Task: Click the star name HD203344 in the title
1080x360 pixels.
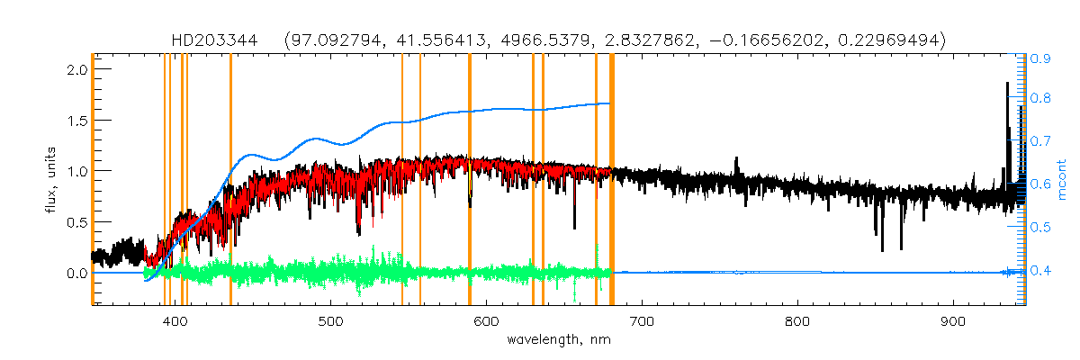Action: (213, 40)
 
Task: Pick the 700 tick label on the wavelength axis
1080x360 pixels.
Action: (642, 321)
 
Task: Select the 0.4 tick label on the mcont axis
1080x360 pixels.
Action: (1041, 271)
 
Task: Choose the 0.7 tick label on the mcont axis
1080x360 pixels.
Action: (1041, 142)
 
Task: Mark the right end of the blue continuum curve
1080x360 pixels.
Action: (610, 103)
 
